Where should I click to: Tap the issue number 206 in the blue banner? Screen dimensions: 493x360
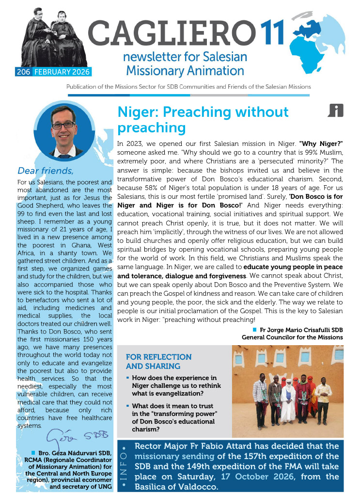point(22,72)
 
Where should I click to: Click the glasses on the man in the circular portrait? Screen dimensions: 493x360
point(63,125)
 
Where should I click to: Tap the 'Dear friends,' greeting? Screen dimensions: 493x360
point(46,170)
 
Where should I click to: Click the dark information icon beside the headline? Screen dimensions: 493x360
point(335,111)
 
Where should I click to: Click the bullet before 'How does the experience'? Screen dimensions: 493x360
point(127,377)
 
